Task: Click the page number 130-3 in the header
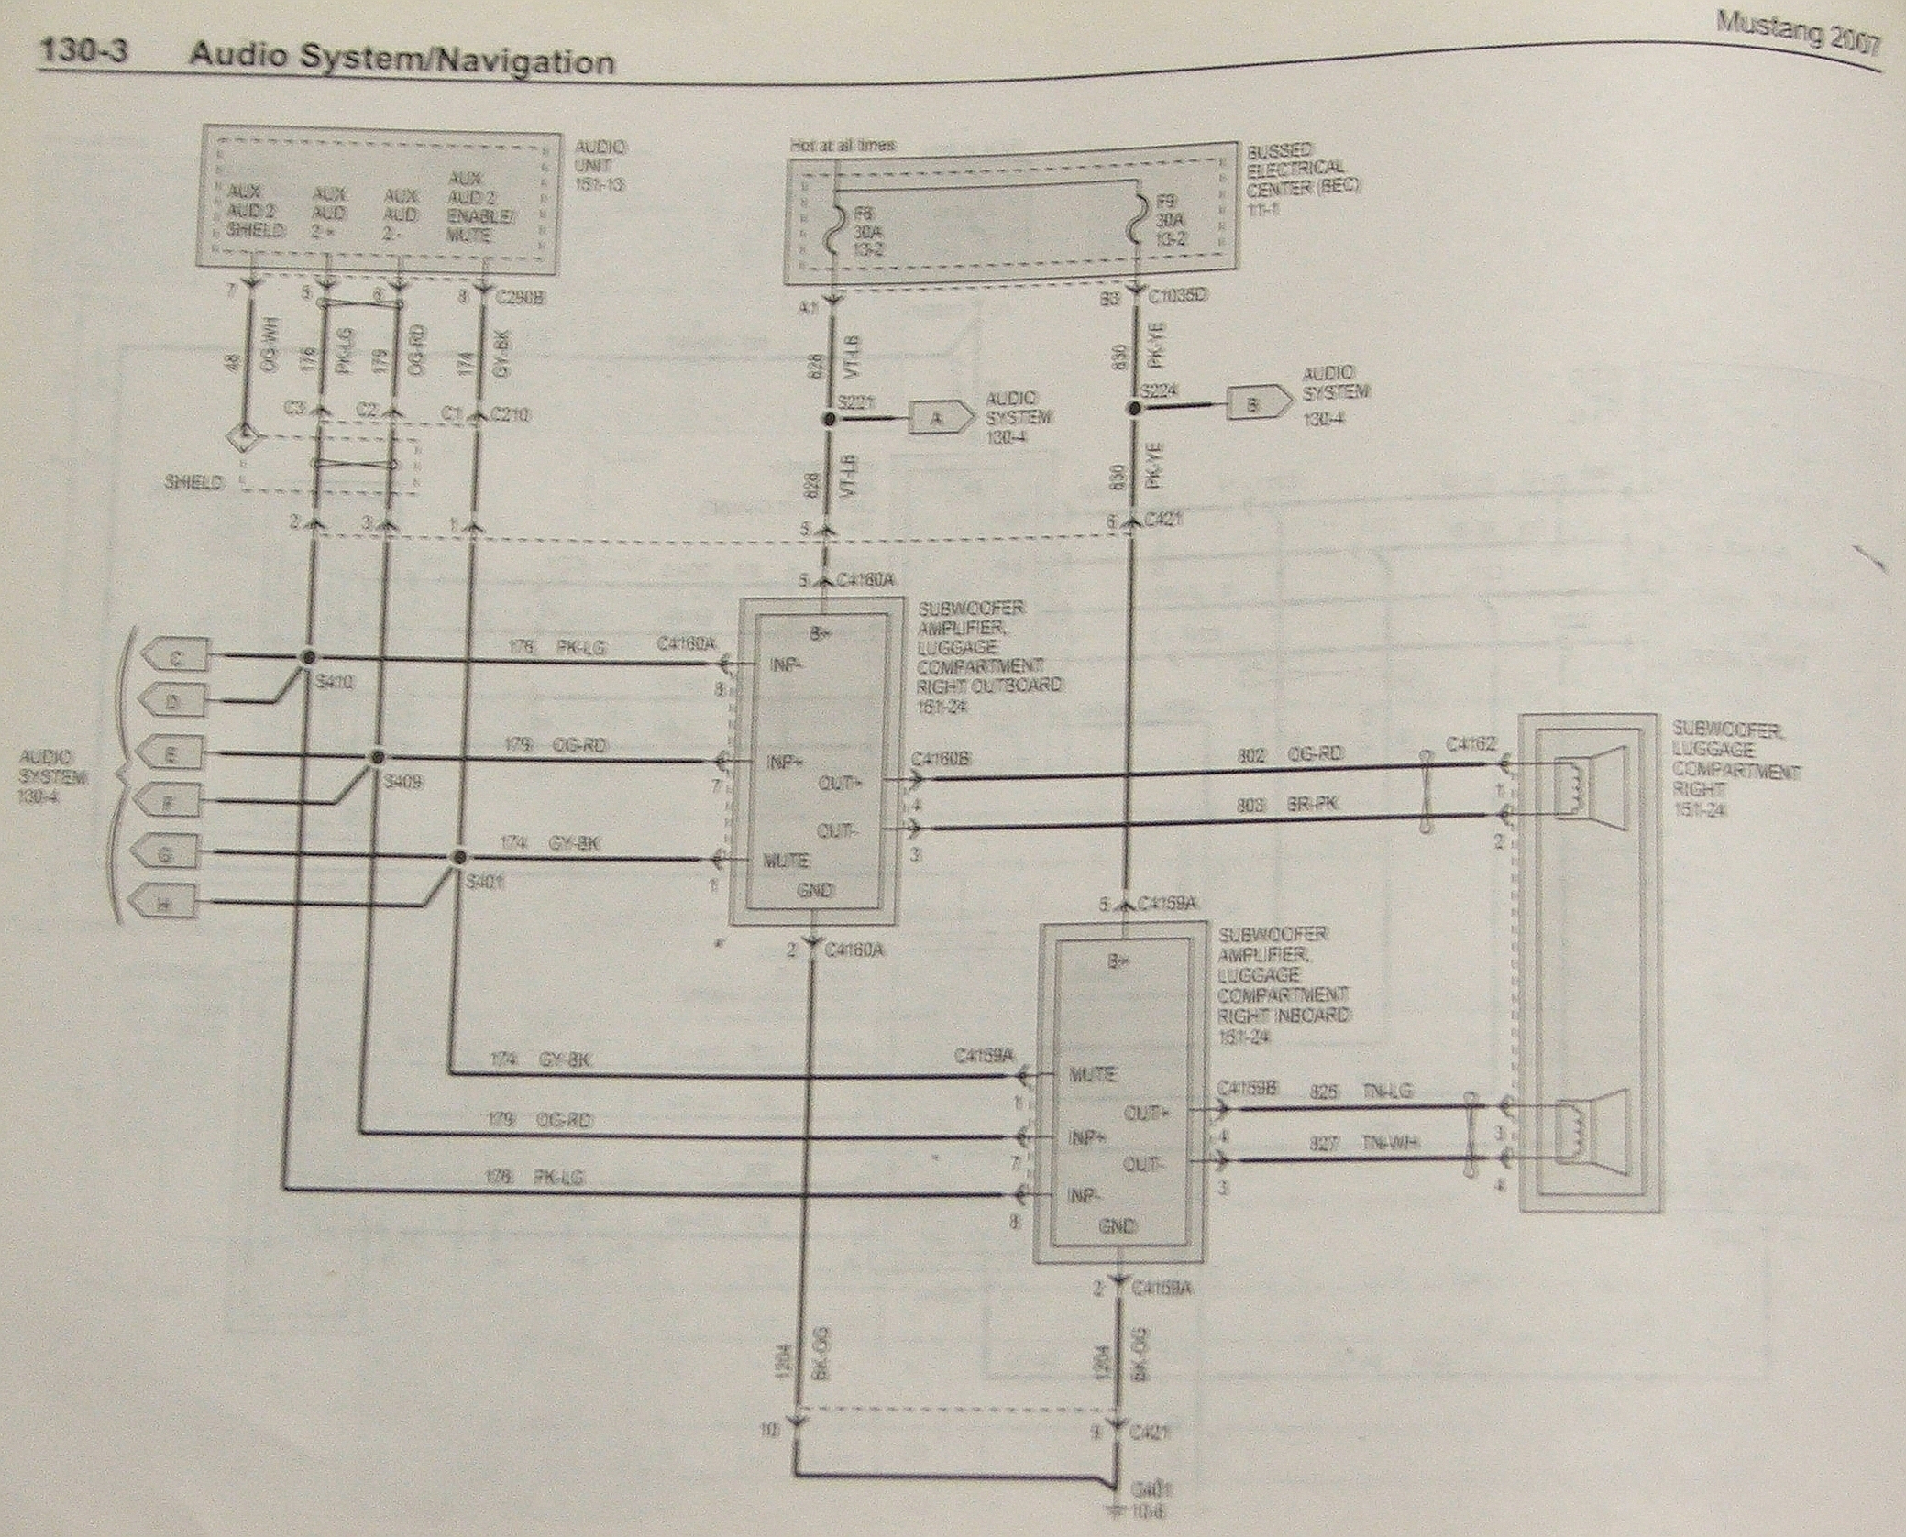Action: coord(82,52)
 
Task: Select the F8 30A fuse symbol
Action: coord(834,225)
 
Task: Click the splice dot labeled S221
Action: coord(831,419)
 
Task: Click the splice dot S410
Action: coord(309,657)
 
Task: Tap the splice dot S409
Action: coord(376,758)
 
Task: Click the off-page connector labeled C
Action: coord(176,656)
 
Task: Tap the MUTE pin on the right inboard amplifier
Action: coord(1092,1074)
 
